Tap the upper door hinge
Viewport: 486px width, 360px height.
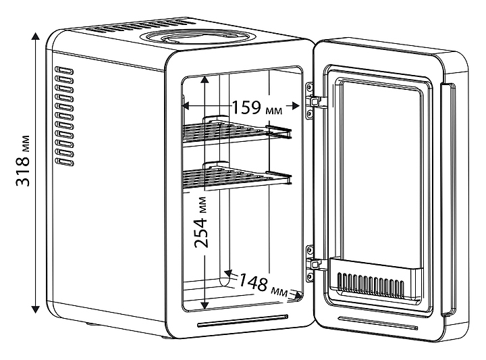coord(315,100)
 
